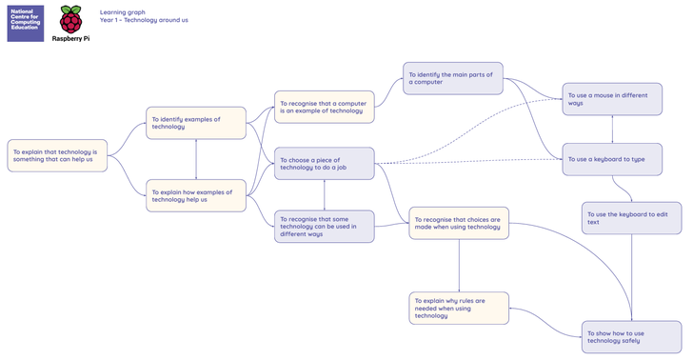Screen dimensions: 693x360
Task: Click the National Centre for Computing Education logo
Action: pyautogui.click(x=26, y=24)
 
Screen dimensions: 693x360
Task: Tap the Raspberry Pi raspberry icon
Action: pyautogui.click(x=70, y=20)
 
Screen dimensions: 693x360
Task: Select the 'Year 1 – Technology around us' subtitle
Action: pyautogui.click(x=144, y=20)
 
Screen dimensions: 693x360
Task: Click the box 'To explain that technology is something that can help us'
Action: pyautogui.click(x=57, y=155)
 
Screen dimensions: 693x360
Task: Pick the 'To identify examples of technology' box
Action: pyautogui.click(x=196, y=123)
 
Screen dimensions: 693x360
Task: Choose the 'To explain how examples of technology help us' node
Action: pyautogui.click(x=196, y=195)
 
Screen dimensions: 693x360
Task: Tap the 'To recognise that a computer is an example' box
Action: pyautogui.click(x=325, y=107)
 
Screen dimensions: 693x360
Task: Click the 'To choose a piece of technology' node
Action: pyautogui.click(x=325, y=164)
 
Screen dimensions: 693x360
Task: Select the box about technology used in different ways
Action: pyautogui.click(x=325, y=227)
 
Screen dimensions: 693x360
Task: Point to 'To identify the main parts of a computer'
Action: pyautogui.click(x=453, y=78)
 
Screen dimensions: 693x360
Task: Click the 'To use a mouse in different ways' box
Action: pyautogui.click(x=612, y=99)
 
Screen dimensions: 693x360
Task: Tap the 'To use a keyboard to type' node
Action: pyautogui.click(x=612, y=159)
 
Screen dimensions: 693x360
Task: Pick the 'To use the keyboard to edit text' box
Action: pyautogui.click(x=631, y=218)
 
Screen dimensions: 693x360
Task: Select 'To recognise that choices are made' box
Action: pyautogui.click(x=459, y=224)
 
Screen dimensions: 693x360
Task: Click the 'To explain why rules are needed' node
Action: pyautogui.click(x=459, y=309)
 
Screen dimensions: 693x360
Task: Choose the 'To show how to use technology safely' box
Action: pyautogui.click(x=631, y=337)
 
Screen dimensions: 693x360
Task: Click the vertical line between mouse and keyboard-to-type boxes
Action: pyautogui.click(x=612, y=130)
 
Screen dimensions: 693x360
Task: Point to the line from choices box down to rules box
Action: pyautogui.click(x=459, y=266)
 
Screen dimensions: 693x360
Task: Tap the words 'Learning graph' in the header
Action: pyautogui.click(x=123, y=12)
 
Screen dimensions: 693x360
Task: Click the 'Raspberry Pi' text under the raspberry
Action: pyautogui.click(x=70, y=38)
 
